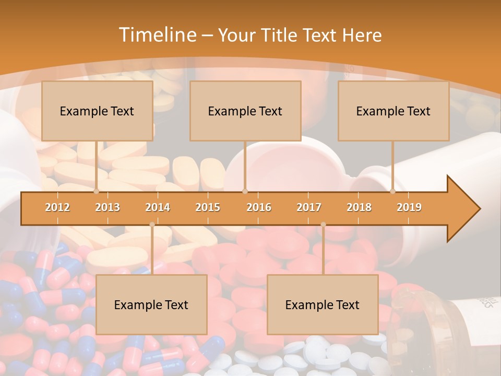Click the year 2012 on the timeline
57,207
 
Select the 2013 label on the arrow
108,207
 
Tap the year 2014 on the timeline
158,207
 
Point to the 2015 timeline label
208,207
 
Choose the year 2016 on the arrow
259,207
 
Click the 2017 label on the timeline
309,207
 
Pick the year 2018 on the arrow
359,207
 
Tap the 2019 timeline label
409,207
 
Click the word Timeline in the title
157,35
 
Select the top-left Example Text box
97,111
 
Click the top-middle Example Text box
245,111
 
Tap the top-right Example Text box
393,111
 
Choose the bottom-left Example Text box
151,304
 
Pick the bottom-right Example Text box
323,304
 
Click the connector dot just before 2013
96,192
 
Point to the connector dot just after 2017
323,225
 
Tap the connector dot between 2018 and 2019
392,192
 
